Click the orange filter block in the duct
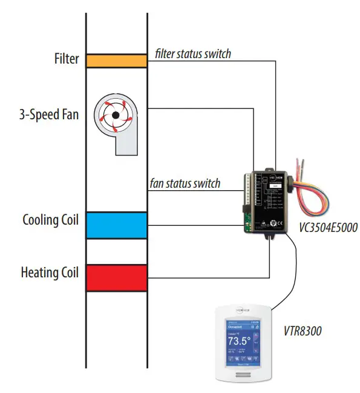click(116, 61)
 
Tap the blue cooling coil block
click(116, 225)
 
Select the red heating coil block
click(116, 279)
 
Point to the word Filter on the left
click(65, 59)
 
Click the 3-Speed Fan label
click(48, 114)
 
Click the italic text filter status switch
click(193, 54)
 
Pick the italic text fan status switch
click(185, 183)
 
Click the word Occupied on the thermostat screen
click(235, 327)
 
